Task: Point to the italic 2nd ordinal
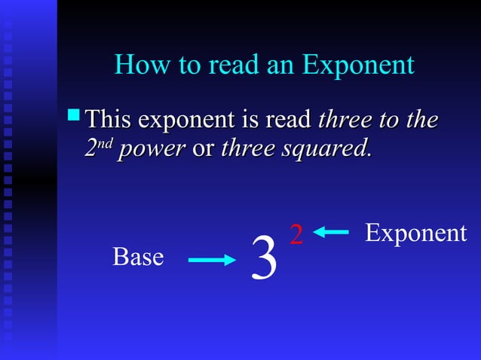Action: coord(99,148)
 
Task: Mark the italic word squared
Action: coord(326,148)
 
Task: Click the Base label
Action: coord(138,257)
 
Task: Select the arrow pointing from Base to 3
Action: coord(212,261)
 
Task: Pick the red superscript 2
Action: coord(296,234)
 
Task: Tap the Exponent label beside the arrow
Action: coord(415,233)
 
